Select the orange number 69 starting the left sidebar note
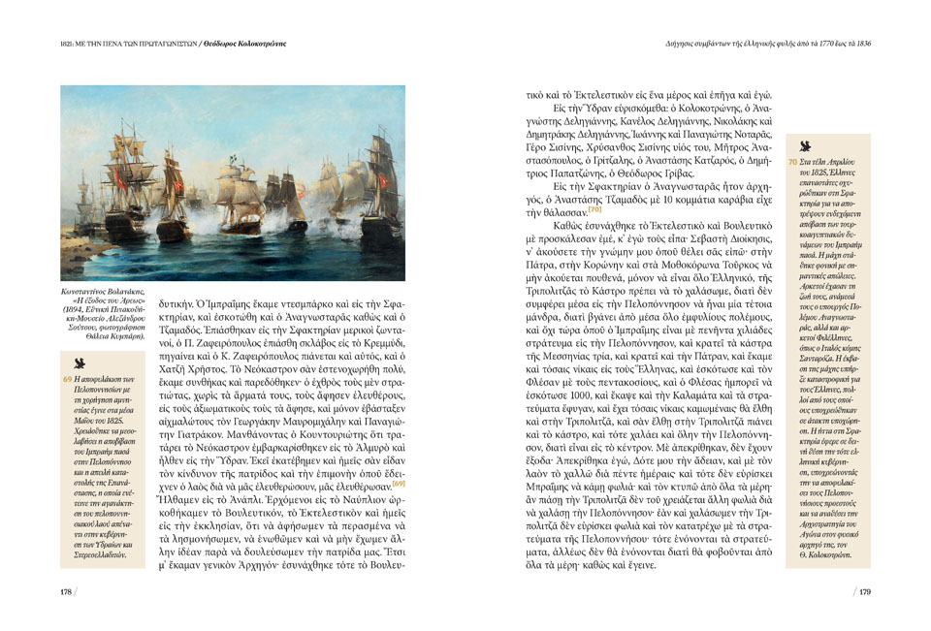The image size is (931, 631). (x=66, y=379)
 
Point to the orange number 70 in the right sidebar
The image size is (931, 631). (x=792, y=161)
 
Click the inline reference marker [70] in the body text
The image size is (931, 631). (x=594, y=209)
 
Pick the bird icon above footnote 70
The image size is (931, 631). (x=806, y=142)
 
